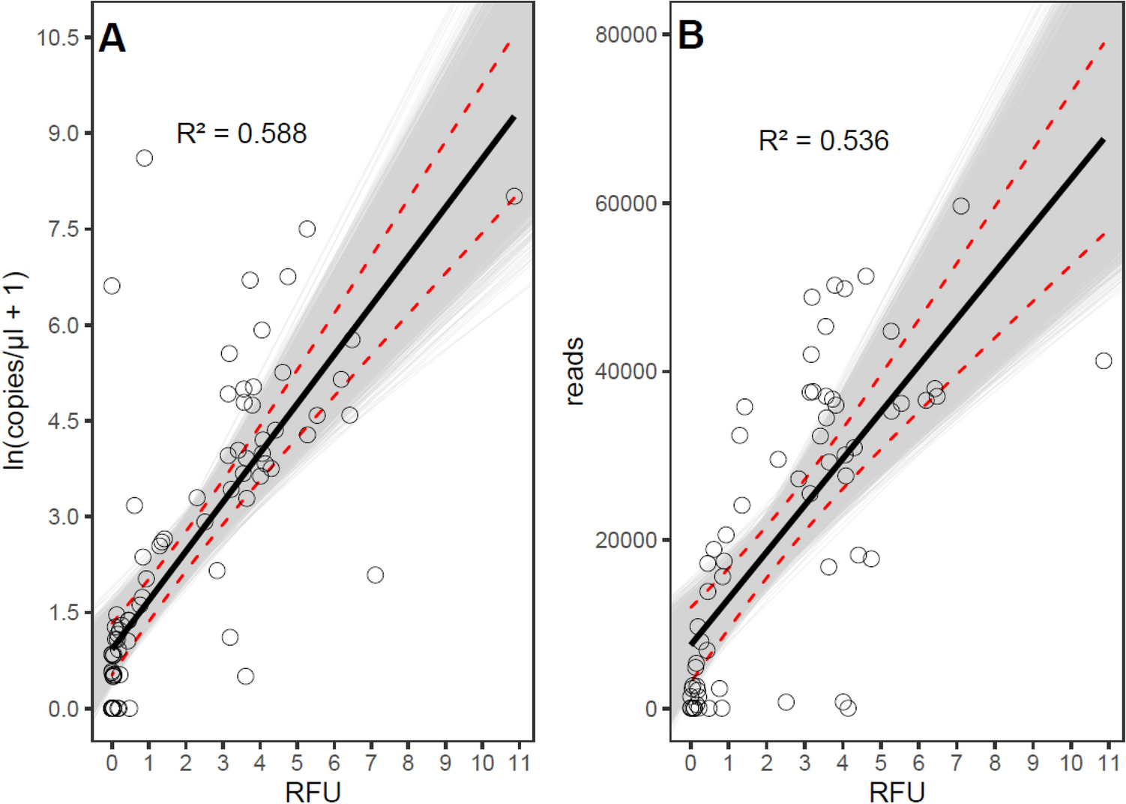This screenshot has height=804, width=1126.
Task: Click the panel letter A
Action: pos(112,37)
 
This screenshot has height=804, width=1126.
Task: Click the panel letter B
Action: pos(690,35)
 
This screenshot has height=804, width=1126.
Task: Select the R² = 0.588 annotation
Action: pos(241,133)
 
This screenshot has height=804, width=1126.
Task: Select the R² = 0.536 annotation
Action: pos(823,140)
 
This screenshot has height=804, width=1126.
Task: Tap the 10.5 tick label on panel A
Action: pos(58,37)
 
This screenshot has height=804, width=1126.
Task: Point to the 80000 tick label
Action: pos(625,34)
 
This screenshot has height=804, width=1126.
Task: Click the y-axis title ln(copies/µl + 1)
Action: pos(15,371)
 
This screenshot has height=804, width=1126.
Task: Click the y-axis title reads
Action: pos(574,371)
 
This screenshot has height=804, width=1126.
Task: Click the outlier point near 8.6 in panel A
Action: pos(144,158)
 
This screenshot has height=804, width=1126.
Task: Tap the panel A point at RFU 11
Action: pos(514,196)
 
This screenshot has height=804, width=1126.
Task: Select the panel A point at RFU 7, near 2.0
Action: pos(375,574)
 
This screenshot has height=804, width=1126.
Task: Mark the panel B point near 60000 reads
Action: pos(960,205)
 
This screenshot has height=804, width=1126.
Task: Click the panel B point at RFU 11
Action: pos(1103,361)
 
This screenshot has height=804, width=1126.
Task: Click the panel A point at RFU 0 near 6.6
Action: pos(112,286)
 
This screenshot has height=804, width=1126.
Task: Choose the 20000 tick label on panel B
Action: pos(625,540)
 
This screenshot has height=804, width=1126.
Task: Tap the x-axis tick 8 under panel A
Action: pos(408,763)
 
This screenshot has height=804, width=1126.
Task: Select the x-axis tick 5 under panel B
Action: pos(880,763)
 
